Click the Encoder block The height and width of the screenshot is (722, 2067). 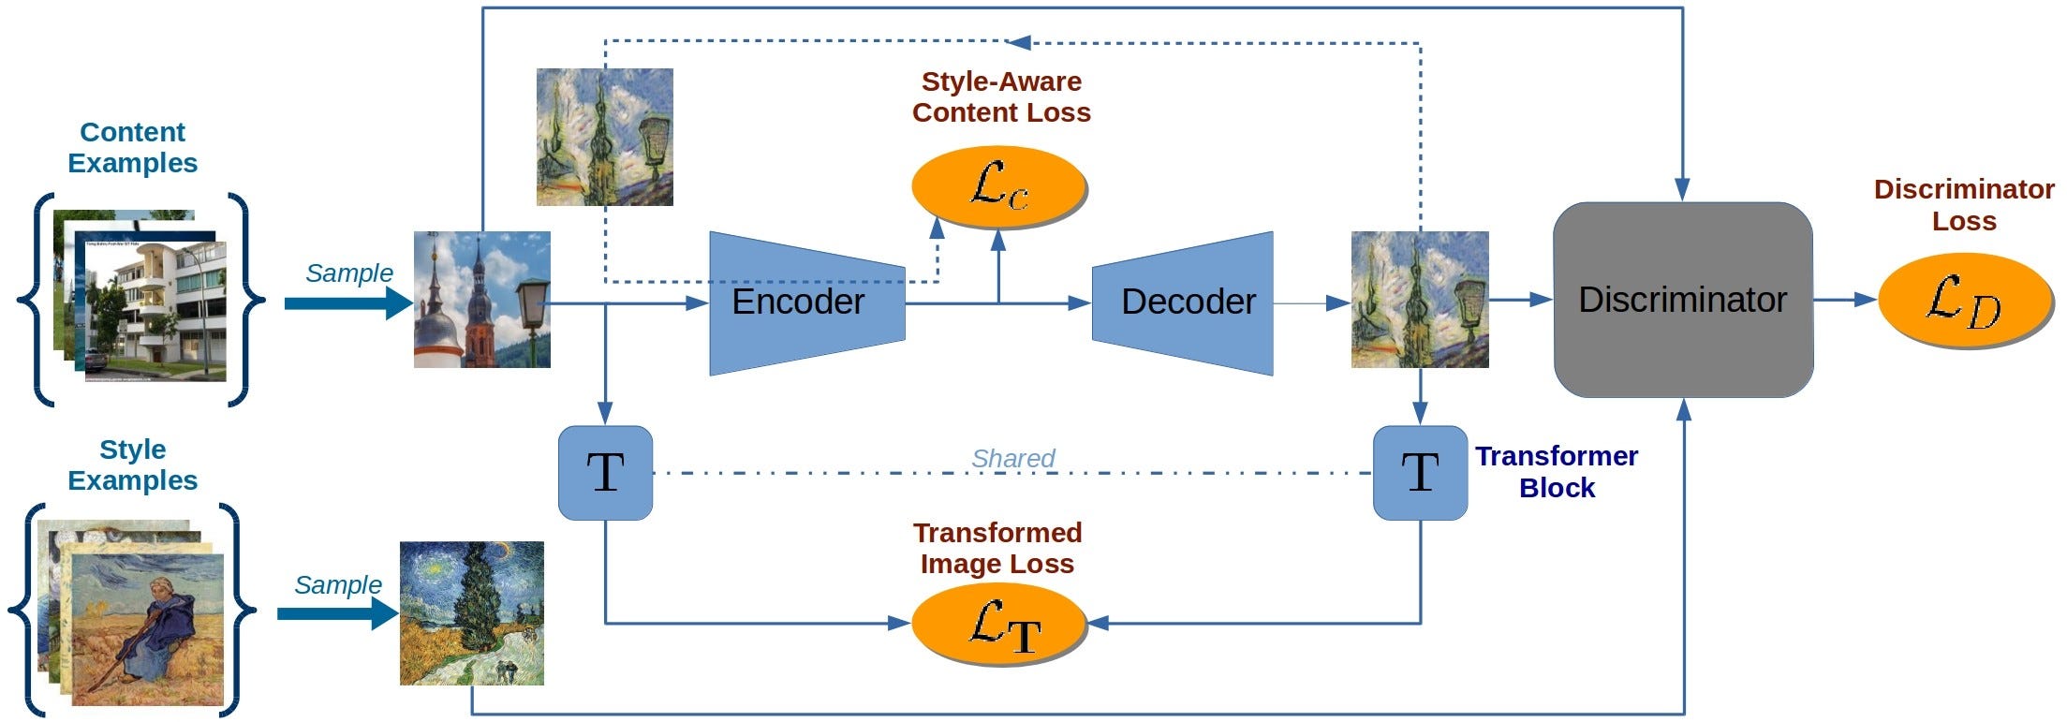(805, 302)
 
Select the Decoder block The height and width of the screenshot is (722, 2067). (1185, 302)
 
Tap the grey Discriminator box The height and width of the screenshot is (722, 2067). (1682, 300)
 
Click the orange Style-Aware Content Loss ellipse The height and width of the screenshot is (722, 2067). (998, 186)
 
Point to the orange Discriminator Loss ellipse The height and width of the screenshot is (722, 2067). (1964, 300)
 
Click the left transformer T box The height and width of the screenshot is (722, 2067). (605, 473)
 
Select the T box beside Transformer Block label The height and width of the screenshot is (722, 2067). (1420, 473)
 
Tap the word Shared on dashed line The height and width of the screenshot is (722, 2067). (1012, 458)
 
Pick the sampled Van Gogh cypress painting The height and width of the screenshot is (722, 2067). (471, 613)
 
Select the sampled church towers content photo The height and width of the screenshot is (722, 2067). (482, 300)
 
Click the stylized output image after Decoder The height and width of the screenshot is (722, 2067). (1420, 300)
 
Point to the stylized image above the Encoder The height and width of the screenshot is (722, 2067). (604, 137)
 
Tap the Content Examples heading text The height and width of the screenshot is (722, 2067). (132, 147)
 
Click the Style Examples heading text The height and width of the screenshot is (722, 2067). (132, 464)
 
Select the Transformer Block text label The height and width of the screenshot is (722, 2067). (1556, 472)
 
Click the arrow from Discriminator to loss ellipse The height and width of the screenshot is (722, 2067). (1845, 300)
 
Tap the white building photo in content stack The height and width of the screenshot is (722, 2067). (155, 312)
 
